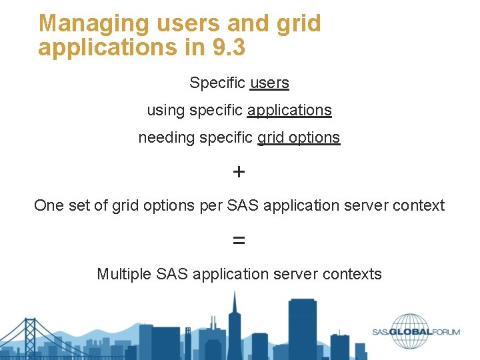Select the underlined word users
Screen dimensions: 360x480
click(269, 83)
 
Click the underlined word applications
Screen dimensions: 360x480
click(289, 110)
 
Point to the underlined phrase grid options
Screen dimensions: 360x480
click(299, 137)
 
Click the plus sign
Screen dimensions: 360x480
click(239, 172)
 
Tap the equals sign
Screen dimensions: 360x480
click(239, 240)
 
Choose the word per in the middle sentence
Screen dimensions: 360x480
click(211, 206)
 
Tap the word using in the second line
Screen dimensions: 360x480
click(166, 111)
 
